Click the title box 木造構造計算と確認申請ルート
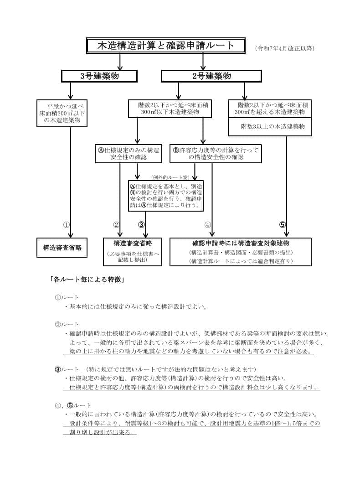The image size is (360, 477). [166, 46]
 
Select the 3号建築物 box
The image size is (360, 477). [99, 76]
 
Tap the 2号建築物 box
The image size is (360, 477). [211, 76]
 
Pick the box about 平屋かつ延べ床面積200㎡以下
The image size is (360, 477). [62, 113]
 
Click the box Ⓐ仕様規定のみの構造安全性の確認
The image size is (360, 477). [129, 154]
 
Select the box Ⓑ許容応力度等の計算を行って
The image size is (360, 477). [216, 154]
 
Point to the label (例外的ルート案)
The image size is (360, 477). [170, 177]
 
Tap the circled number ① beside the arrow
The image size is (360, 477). [66, 224]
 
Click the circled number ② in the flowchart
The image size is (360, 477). [116, 224]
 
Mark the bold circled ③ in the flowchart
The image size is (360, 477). [141, 224]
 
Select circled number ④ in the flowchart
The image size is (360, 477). [208, 224]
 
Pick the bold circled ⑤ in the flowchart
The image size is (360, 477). [283, 224]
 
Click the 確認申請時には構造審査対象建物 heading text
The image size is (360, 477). [241, 243]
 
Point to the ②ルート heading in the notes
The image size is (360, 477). [67, 324]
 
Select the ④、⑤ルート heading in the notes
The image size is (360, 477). [73, 405]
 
